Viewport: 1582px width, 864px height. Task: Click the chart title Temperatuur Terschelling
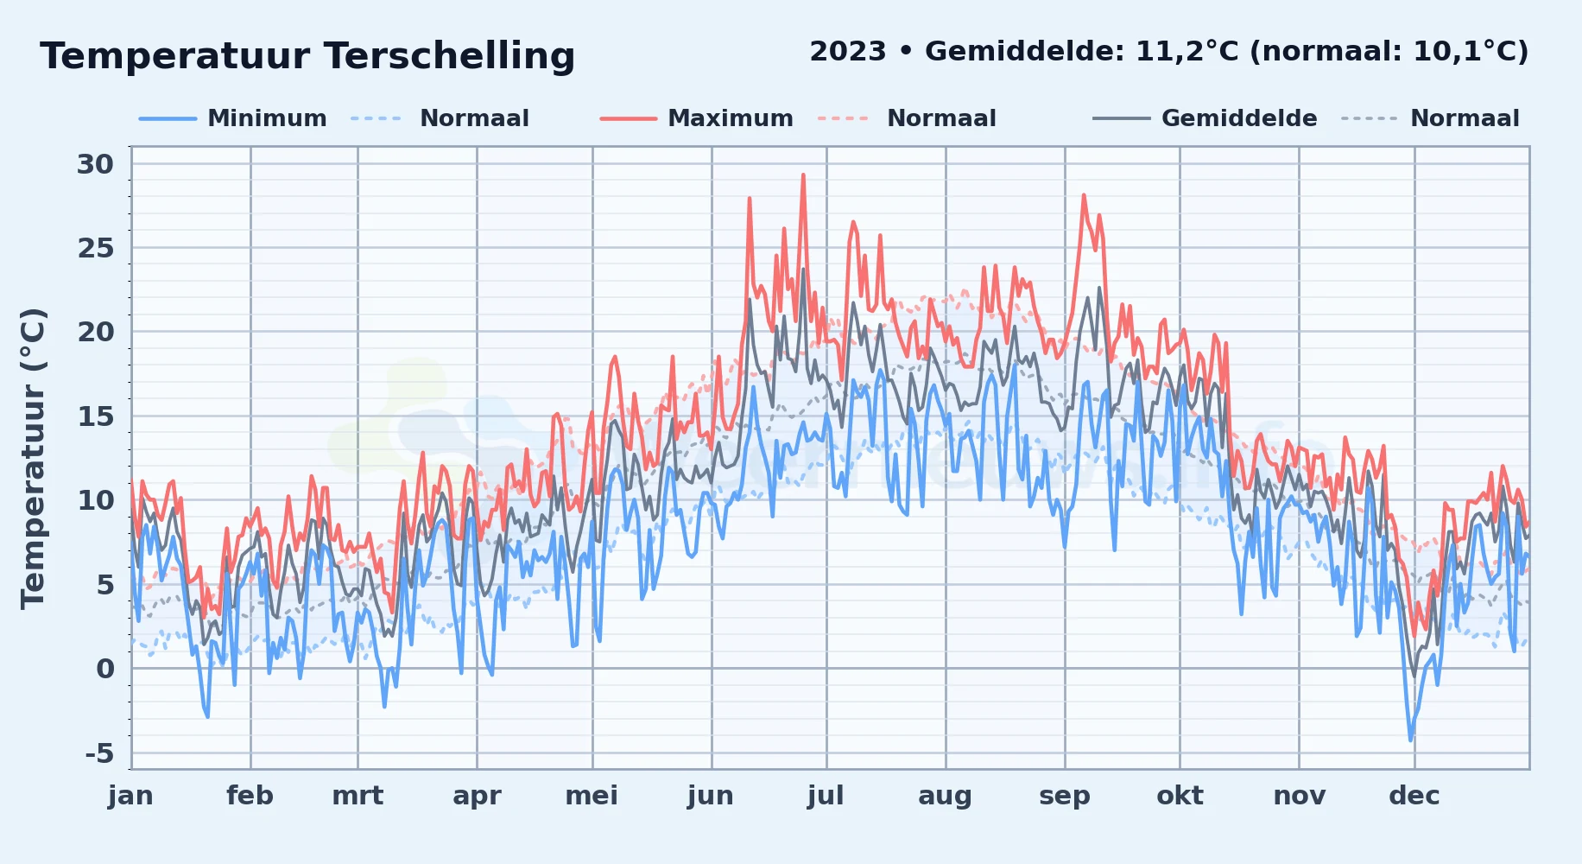pos(307,56)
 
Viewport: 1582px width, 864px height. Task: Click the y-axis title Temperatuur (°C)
pos(33,459)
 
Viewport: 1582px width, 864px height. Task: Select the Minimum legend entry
pos(233,118)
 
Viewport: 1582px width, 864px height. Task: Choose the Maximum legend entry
pos(696,118)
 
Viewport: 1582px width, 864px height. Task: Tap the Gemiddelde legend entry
pos(1205,118)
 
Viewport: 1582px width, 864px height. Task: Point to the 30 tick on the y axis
pos(95,164)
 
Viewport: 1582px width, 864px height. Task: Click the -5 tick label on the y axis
pos(99,753)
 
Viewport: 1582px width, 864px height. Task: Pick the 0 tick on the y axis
pos(105,669)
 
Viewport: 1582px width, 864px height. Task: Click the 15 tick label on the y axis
pos(96,416)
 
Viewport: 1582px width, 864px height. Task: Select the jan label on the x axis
pos(130,796)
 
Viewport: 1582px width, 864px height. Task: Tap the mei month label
pos(592,796)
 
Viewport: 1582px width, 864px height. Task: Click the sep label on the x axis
pos(1065,796)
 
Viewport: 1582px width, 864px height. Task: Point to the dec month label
pos(1414,796)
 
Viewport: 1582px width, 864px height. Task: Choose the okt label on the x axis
pos(1180,796)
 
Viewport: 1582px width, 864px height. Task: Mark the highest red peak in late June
pos(803,175)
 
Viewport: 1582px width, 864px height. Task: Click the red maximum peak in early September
pos(1084,195)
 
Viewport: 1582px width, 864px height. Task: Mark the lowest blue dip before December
pos(1410,740)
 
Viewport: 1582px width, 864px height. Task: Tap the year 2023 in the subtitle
pos(848,52)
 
